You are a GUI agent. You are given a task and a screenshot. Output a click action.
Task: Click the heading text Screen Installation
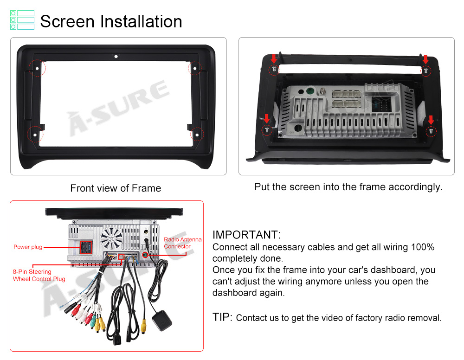(111, 21)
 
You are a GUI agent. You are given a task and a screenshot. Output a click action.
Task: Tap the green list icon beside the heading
(22, 20)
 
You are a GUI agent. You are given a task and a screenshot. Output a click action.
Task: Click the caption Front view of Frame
(116, 188)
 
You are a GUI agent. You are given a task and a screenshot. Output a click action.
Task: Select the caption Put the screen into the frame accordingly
(348, 187)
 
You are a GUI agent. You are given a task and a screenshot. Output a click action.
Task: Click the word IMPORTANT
(246, 235)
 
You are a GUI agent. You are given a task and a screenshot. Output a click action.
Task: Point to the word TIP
(222, 317)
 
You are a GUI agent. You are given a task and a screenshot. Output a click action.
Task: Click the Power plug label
(28, 247)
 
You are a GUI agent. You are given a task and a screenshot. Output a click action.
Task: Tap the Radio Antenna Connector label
(182, 243)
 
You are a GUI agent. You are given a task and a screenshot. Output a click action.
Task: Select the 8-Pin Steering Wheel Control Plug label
(39, 275)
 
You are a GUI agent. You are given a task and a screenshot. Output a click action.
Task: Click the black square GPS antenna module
(161, 320)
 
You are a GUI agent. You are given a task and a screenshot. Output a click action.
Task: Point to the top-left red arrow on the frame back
(273, 59)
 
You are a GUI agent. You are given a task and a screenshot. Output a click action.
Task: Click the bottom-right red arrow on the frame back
(431, 120)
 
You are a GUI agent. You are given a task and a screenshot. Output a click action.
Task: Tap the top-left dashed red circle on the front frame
(37, 68)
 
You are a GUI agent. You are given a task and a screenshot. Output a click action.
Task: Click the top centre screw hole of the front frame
(116, 57)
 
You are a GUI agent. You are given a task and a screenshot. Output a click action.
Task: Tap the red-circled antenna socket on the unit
(146, 255)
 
